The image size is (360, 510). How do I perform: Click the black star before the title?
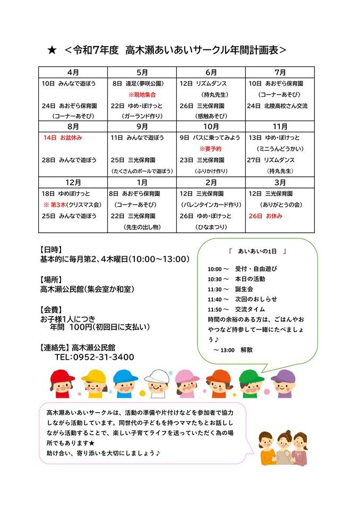[52, 50]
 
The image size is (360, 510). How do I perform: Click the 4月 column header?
[73, 72]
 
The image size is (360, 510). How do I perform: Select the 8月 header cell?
[73, 126]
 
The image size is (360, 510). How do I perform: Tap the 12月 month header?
[73, 182]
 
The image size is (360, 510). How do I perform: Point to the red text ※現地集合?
[142, 95]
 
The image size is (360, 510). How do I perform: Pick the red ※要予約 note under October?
[210, 149]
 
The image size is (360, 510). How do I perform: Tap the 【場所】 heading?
[52, 279]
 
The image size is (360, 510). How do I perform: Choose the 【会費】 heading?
[52, 309]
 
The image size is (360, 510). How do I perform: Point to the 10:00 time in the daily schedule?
[215, 269]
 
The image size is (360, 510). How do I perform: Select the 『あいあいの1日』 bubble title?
[257, 250]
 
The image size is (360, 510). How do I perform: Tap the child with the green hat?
[251, 383]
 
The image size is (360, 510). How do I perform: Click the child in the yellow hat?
[94, 383]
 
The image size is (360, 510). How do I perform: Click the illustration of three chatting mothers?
[283, 448]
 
